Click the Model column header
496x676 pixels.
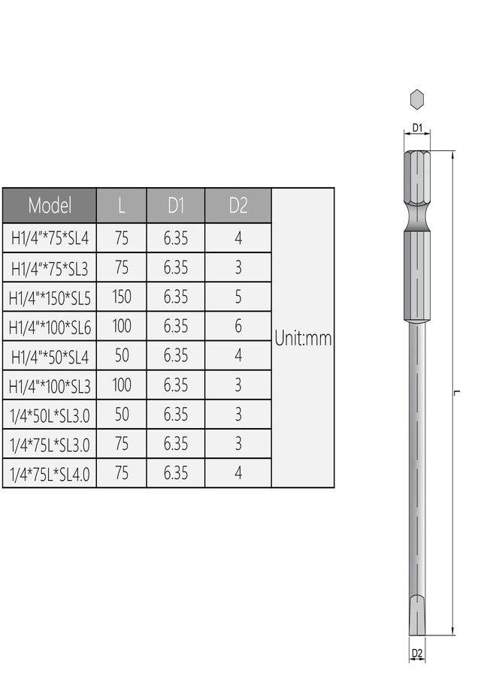[x=50, y=205]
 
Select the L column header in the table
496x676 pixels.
[x=122, y=205]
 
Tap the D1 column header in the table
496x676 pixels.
[x=176, y=205]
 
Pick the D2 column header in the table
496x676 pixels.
[x=237, y=205]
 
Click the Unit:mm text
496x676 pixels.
[x=303, y=338]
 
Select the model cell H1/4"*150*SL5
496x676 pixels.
[x=50, y=297]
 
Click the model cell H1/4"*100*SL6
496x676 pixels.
[x=50, y=327]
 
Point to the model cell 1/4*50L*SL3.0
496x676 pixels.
[x=50, y=415]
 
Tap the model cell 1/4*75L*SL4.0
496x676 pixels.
[x=50, y=474]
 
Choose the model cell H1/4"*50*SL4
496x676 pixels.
[x=50, y=356]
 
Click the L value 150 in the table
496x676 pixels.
[x=122, y=297]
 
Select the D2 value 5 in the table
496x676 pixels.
[x=237, y=297]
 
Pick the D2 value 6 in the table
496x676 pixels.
[x=237, y=327]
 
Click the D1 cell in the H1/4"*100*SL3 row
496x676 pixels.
[x=176, y=385]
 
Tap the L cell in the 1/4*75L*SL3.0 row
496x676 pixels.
[x=122, y=444]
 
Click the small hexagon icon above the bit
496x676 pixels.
[x=417, y=98]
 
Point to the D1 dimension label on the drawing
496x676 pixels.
[x=418, y=128]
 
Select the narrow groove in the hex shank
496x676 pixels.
[x=417, y=216]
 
